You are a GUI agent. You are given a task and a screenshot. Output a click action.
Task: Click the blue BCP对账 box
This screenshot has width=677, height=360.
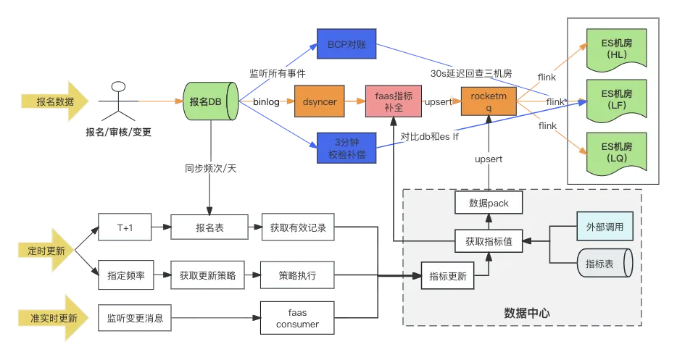(346, 44)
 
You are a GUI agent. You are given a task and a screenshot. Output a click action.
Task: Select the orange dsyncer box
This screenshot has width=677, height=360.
(320, 101)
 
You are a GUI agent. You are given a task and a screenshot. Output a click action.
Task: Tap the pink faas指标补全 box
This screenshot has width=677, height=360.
(394, 101)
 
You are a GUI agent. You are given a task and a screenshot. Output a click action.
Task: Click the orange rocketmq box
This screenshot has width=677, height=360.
(489, 101)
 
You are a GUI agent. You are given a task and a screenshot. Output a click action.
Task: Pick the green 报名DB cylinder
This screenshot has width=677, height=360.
(211, 101)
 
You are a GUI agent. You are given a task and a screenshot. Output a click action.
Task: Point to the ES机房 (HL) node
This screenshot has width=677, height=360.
(617, 49)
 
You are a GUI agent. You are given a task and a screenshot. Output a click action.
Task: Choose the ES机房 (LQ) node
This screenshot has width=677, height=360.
(617, 153)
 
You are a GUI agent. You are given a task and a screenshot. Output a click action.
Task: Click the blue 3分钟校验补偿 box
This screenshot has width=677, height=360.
(346, 148)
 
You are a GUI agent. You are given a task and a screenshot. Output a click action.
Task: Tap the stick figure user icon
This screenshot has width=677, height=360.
(118, 101)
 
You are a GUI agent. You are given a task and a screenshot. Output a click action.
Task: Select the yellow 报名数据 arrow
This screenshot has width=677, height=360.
(55, 101)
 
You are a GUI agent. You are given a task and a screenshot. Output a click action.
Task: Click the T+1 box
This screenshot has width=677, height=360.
(125, 227)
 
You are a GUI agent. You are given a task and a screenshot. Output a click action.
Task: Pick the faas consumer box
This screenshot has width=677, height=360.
(297, 318)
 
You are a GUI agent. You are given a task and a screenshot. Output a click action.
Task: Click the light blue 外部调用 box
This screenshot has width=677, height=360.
(605, 227)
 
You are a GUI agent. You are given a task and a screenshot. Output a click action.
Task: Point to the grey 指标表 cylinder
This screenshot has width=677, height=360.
(605, 263)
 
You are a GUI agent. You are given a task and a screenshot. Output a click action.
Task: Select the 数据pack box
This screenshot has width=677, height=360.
(489, 203)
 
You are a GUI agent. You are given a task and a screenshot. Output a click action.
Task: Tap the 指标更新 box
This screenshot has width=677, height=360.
(447, 276)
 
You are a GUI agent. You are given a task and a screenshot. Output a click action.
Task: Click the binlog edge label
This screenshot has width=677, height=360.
(266, 102)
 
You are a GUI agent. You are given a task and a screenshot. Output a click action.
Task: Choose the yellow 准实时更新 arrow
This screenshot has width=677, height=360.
(53, 318)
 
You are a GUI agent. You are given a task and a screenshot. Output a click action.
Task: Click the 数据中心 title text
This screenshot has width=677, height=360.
(527, 313)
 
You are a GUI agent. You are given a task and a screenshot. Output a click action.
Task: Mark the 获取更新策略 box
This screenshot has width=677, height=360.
(207, 275)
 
